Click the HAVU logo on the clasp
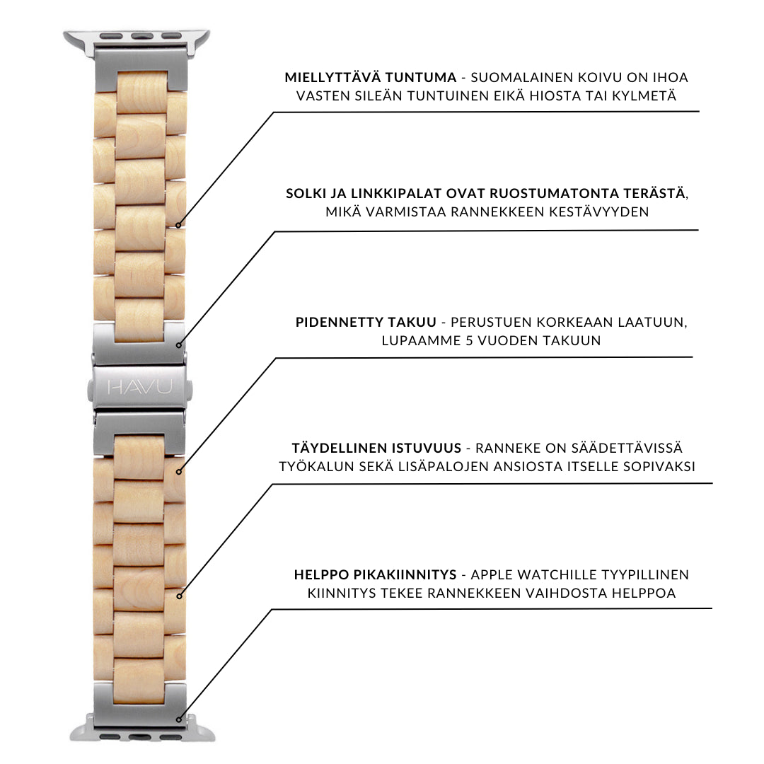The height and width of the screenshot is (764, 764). [x=139, y=387]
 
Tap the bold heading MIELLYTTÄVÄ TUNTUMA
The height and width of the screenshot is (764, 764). [x=370, y=77]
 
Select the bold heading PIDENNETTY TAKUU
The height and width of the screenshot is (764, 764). [x=366, y=323]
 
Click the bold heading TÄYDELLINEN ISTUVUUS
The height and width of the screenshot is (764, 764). [x=376, y=448]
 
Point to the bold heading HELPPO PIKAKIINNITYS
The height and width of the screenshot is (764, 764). [x=375, y=574]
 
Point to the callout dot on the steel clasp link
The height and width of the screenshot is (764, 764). [x=178, y=345]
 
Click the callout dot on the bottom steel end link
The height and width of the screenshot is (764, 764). [x=178, y=719]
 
